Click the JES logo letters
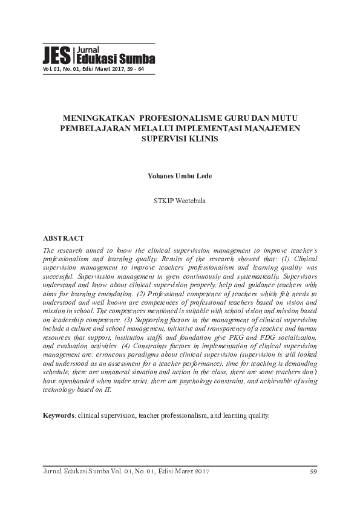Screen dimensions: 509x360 [56, 56]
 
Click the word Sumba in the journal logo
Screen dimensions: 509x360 [139, 59]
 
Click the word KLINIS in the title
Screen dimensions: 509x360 [203, 138]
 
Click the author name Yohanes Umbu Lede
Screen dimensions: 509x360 [180, 176]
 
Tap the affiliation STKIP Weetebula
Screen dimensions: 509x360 [180, 200]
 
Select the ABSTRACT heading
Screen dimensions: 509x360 [64, 239]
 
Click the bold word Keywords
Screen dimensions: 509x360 [57, 416]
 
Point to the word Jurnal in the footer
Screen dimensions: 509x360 [54, 472]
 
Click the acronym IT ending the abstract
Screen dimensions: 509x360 [108, 390]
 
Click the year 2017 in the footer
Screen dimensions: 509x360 [200, 472]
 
